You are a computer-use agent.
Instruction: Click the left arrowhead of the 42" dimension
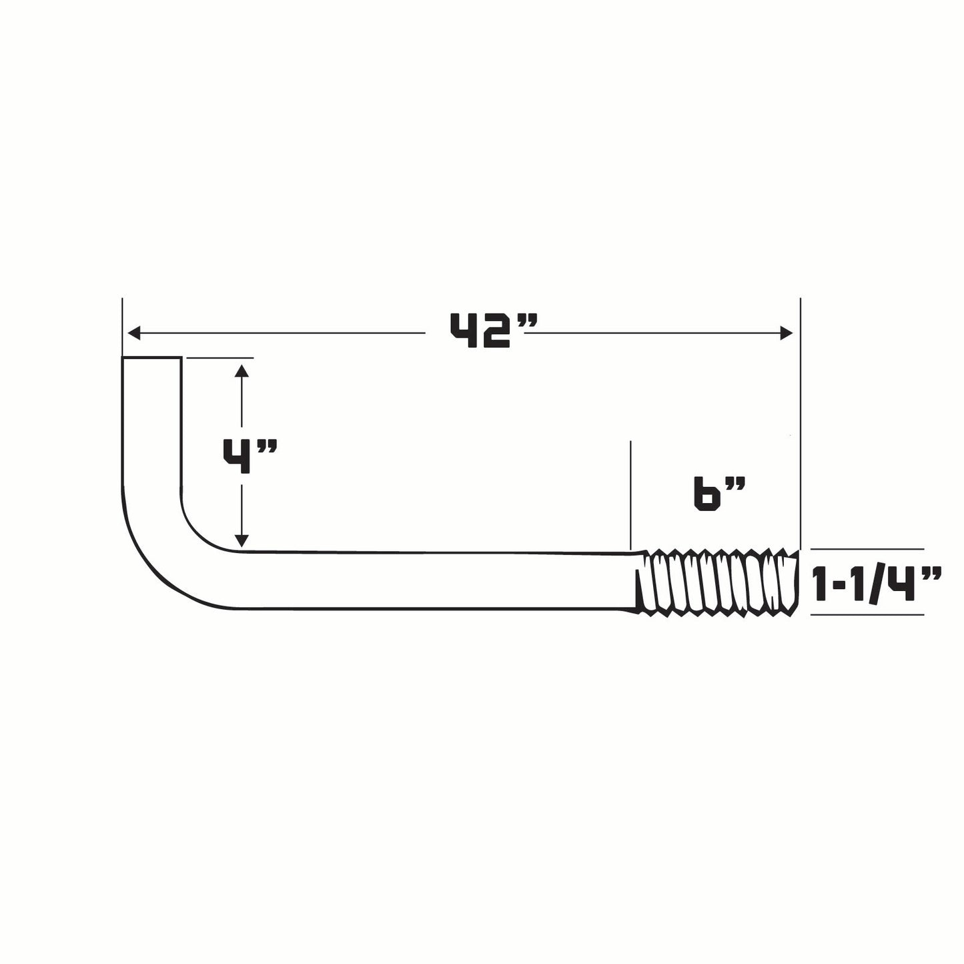[x=133, y=332]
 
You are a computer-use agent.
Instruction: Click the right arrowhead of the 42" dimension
[x=787, y=332]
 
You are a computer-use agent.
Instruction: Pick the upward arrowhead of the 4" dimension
[x=242, y=370]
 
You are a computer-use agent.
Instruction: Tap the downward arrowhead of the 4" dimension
[x=242, y=540]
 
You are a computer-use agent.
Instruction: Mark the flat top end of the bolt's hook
[x=151, y=359]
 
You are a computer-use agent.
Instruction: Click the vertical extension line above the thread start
[x=630, y=494]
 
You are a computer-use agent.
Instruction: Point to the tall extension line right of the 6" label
[x=800, y=420]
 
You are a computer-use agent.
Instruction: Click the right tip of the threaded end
[x=796, y=580]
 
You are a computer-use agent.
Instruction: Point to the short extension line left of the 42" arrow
[x=122, y=327]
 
